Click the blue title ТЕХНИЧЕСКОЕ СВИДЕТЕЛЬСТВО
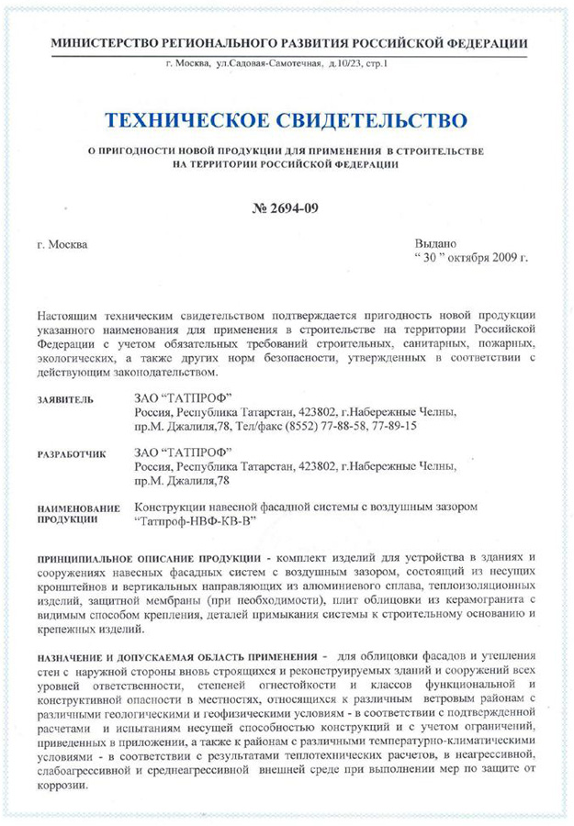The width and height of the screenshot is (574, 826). (x=287, y=119)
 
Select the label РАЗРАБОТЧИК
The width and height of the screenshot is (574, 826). (x=71, y=454)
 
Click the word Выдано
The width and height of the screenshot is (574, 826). (x=437, y=243)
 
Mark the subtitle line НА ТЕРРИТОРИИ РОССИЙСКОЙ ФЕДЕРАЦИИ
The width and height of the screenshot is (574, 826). (x=286, y=163)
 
